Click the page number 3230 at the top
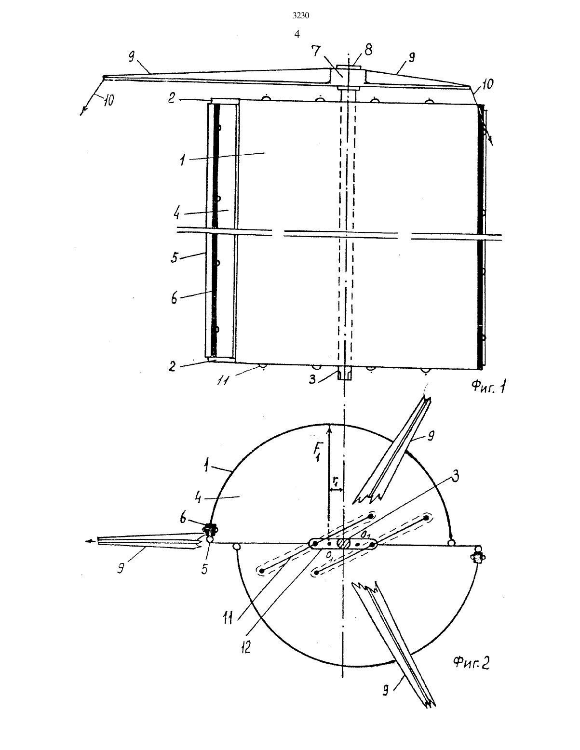click(x=300, y=15)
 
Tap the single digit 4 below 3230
click(x=297, y=34)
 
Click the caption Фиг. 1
click(x=489, y=387)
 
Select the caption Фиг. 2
click(x=471, y=663)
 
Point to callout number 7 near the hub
click(x=316, y=51)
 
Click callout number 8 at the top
click(x=368, y=50)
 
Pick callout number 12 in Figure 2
click(x=246, y=648)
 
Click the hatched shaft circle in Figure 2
click(x=344, y=543)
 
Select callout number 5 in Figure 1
click(x=175, y=257)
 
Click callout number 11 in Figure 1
click(x=223, y=381)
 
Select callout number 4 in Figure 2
click(x=198, y=497)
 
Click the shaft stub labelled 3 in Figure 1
click(x=344, y=375)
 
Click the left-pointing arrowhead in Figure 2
click(x=89, y=541)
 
